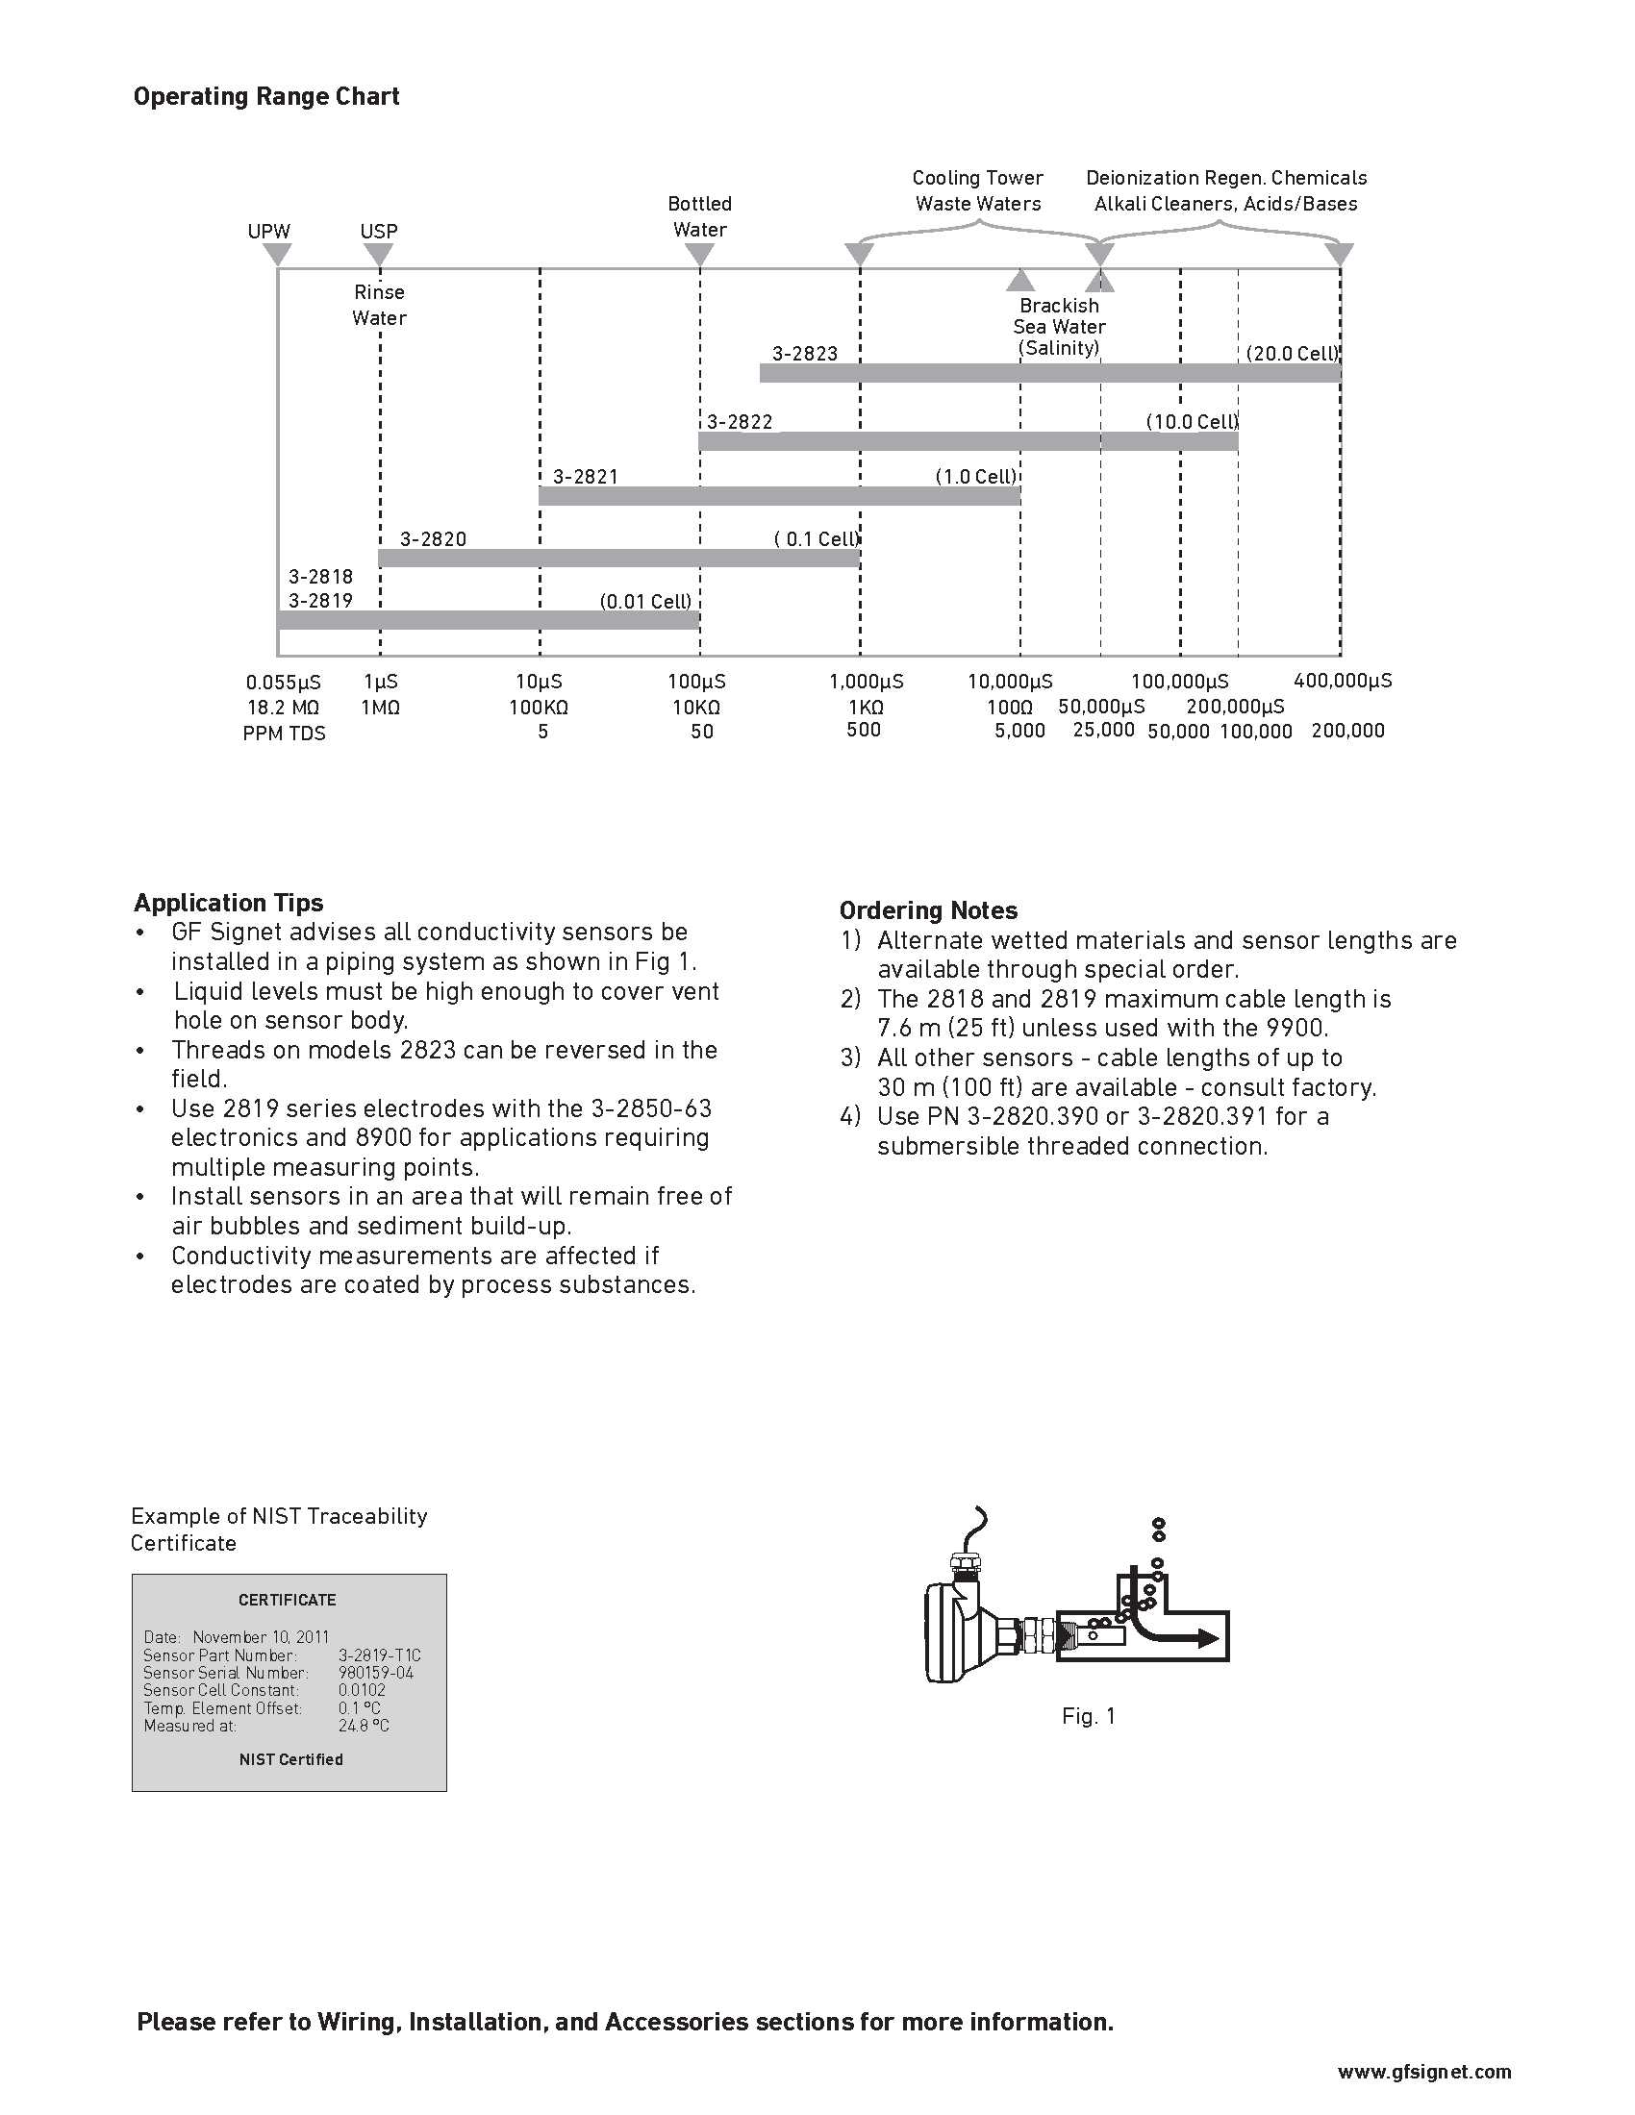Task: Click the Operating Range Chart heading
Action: click(266, 97)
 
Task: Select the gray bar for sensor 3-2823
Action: click(1050, 373)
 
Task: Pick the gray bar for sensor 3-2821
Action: click(779, 497)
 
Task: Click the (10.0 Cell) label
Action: click(1192, 422)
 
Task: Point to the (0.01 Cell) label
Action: click(646, 602)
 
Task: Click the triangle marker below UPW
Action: click(278, 255)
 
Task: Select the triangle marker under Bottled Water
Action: click(699, 255)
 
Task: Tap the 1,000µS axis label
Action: click(866, 682)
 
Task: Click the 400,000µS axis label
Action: click(1343, 681)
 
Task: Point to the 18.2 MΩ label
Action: click(283, 708)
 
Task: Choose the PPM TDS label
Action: click(284, 734)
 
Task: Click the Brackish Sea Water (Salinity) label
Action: click(1059, 326)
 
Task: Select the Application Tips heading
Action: click(229, 903)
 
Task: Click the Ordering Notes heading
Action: click(928, 910)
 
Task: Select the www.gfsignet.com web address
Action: click(1423, 2072)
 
